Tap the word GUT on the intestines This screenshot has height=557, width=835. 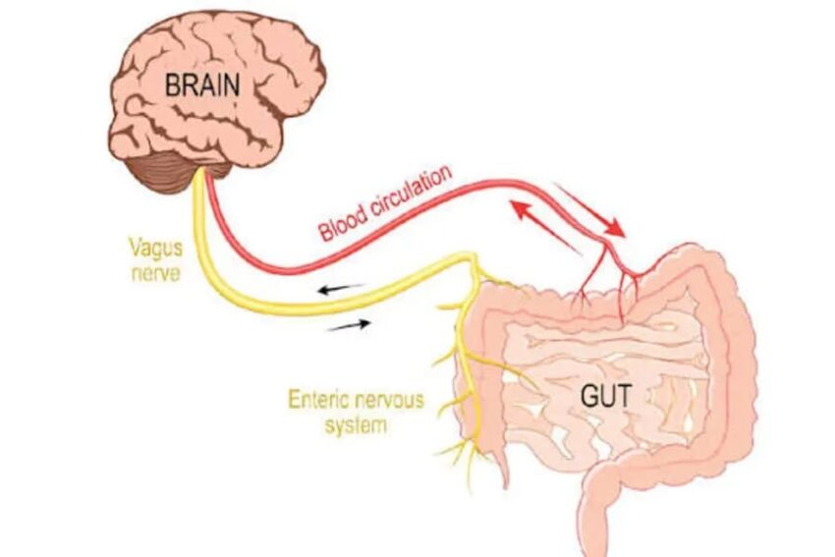coord(608,398)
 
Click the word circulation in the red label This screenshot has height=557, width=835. coord(410,194)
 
